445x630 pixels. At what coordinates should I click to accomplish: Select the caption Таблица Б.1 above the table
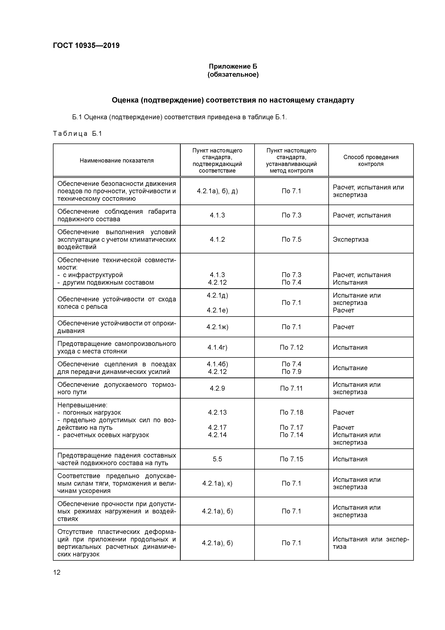click(x=77, y=134)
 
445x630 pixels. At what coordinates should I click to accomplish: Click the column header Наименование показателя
click(x=116, y=161)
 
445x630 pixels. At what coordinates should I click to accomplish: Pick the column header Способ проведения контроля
click(x=371, y=161)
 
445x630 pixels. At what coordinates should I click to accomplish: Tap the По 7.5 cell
click(x=291, y=239)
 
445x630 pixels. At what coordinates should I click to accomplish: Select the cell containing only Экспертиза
click(x=350, y=239)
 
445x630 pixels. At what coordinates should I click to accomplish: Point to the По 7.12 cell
click(x=291, y=347)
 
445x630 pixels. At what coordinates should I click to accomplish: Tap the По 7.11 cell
click(x=291, y=388)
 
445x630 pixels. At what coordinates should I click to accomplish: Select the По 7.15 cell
click(x=291, y=459)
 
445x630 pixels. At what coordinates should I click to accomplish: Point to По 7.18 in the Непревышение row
click(x=291, y=412)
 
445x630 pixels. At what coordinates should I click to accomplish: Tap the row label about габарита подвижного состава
click(x=116, y=215)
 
